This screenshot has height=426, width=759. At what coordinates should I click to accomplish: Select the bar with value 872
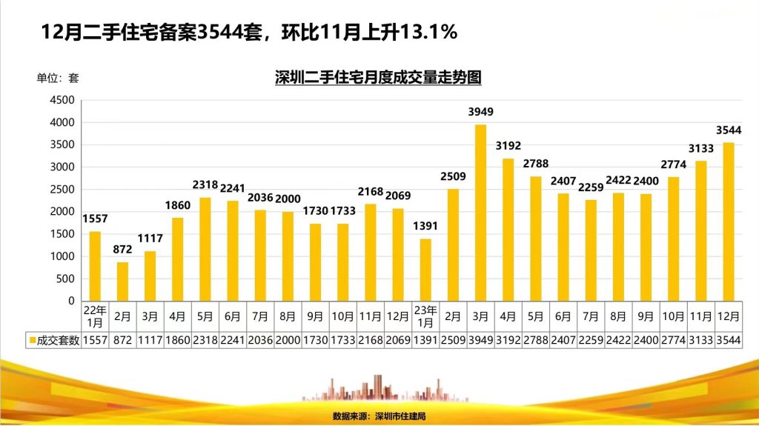[122, 282]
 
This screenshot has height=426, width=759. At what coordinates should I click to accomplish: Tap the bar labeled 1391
[425, 270]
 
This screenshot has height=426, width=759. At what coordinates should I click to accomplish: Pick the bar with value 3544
[729, 222]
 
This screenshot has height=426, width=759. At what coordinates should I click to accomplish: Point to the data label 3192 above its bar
[508, 145]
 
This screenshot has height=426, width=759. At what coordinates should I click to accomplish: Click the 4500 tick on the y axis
[62, 100]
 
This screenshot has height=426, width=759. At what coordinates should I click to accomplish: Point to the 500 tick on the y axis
[65, 279]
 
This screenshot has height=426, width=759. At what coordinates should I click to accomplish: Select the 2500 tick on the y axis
[62, 190]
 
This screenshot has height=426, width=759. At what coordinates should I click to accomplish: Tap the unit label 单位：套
[58, 77]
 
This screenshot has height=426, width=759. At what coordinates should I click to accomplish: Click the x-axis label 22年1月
[95, 316]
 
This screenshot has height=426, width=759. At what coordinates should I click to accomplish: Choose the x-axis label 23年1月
[425, 316]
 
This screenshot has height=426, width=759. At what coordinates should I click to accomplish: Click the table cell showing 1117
[150, 340]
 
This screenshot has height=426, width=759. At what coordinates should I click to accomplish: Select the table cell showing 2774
[673, 340]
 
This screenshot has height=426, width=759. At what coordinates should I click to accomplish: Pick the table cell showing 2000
[288, 340]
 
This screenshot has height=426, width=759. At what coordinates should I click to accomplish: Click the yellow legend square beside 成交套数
[31, 341]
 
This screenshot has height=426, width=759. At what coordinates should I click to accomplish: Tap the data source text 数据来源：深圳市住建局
[379, 416]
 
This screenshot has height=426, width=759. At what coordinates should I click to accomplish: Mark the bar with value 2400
[646, 247]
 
